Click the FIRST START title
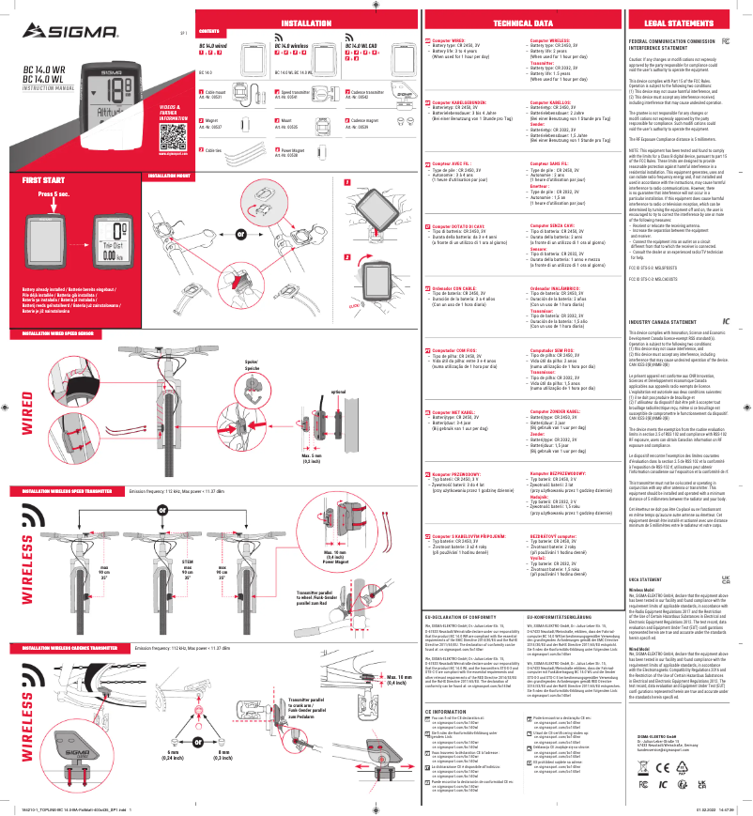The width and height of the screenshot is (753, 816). (x=44, y=178)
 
